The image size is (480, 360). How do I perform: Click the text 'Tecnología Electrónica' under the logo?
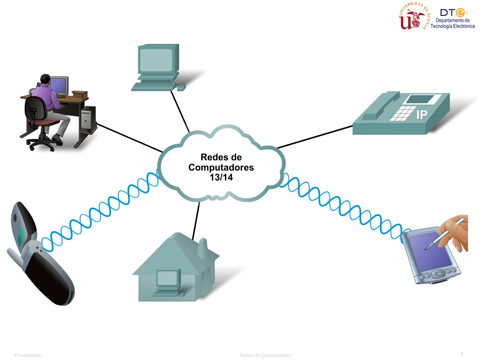[452, 26]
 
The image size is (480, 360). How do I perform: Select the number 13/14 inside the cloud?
[221, 177]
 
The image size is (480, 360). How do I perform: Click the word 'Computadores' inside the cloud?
[221, 167]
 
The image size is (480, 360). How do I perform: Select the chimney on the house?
[202, 247]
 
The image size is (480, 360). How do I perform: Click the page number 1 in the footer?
[462, 354]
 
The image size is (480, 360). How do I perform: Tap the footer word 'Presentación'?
[28, 355]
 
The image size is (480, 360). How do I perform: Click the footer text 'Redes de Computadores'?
[265, 355]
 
